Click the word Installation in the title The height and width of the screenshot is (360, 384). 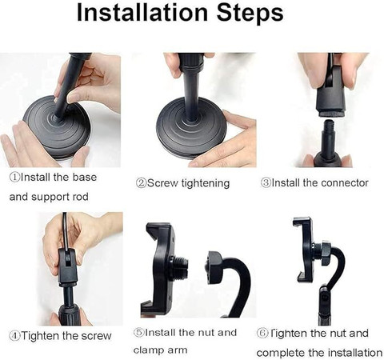point(142,13)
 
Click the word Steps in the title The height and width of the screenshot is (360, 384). point(250,14)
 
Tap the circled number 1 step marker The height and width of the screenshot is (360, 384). point(14,177)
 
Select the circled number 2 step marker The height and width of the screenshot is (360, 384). point(141,183)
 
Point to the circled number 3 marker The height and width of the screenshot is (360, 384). point(266,183)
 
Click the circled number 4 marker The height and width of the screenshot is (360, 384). point(14,336)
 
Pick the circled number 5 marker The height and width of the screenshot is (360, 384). point(138,333)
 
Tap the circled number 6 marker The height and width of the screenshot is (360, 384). point(262,333)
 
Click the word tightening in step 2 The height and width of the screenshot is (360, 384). point(206,184)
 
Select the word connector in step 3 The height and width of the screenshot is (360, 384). point(345,183)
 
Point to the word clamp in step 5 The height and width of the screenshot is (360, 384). point(148,350)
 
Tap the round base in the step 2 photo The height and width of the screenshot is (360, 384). point(191,128)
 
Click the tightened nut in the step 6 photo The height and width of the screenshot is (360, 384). point(326,252)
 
